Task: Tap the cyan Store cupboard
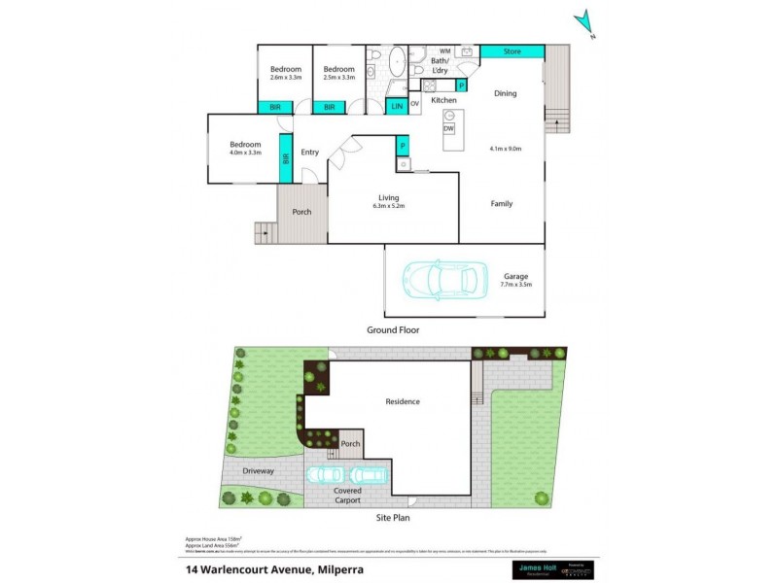click(x=512, y=51)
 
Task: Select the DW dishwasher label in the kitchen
click(x=449, y=129)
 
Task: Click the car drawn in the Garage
click(x=443, y=280)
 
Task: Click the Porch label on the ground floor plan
click(x=301, y=211)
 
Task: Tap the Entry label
click(x=309, y=153)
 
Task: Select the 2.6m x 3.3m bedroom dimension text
click(x=285, y=78)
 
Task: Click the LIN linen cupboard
click(x=397, y=106)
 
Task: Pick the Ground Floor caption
click(x=393, y=329)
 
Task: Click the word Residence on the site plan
click(x=402, y=401)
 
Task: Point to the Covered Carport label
click(x=347, y=496)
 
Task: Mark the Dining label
click(x=505, y=94)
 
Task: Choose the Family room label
click(x=501, y=204)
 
